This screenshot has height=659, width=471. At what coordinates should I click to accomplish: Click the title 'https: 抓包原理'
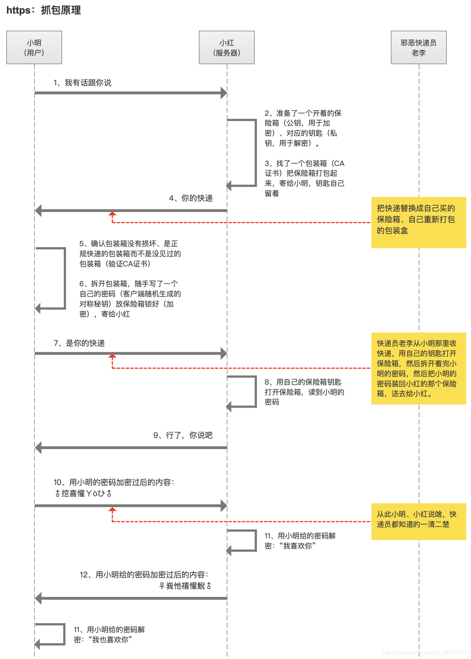44,10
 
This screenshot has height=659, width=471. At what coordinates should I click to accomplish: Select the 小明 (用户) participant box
34,47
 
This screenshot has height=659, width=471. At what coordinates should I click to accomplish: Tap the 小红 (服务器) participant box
227,47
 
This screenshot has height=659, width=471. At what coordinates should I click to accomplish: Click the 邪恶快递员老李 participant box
419,47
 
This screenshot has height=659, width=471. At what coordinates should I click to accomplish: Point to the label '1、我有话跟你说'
82,83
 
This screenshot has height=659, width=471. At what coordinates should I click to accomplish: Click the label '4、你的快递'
191,198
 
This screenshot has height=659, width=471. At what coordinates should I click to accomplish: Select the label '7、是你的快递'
79,343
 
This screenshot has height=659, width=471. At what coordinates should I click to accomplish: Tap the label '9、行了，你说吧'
183,435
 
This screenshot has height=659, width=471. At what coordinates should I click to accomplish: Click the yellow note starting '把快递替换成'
419,222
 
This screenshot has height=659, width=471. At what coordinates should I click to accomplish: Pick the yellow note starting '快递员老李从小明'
419,368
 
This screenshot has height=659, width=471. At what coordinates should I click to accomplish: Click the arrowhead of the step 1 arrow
224,93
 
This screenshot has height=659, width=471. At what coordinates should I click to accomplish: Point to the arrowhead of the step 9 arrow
38,448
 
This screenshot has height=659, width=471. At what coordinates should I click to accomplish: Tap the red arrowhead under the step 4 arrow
112,214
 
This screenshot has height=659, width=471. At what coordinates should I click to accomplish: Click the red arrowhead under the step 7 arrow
112,356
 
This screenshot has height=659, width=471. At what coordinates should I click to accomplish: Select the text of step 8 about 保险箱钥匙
304,392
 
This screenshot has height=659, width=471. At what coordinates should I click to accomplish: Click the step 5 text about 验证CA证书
130,253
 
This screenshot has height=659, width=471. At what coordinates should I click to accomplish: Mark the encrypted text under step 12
185,586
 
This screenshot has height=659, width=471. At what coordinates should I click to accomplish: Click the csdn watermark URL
425,652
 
